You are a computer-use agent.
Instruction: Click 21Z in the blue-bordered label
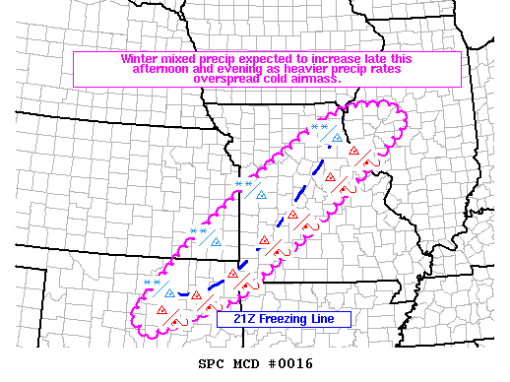click(232, 319)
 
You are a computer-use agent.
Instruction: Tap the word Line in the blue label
click(331, 319)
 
